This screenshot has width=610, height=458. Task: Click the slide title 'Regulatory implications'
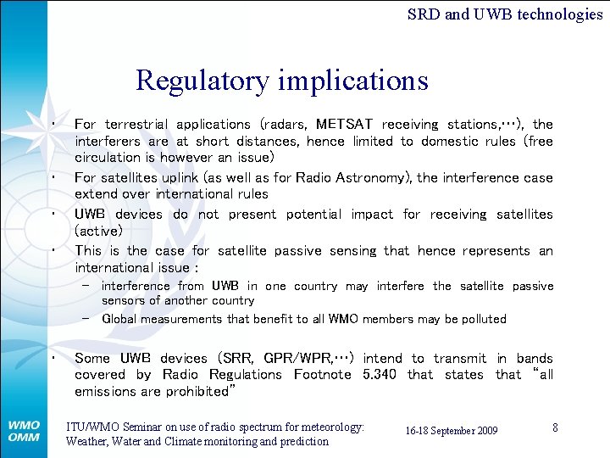(281, 81)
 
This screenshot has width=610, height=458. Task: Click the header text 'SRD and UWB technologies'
(504, 14)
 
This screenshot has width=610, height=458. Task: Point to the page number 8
(555, 427)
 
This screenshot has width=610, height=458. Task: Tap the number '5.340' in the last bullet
(379, 375)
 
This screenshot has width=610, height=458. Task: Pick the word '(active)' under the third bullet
(98, 231)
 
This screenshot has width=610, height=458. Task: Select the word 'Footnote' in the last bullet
(322, 375)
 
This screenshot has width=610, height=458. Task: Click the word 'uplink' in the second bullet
(175, 178)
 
